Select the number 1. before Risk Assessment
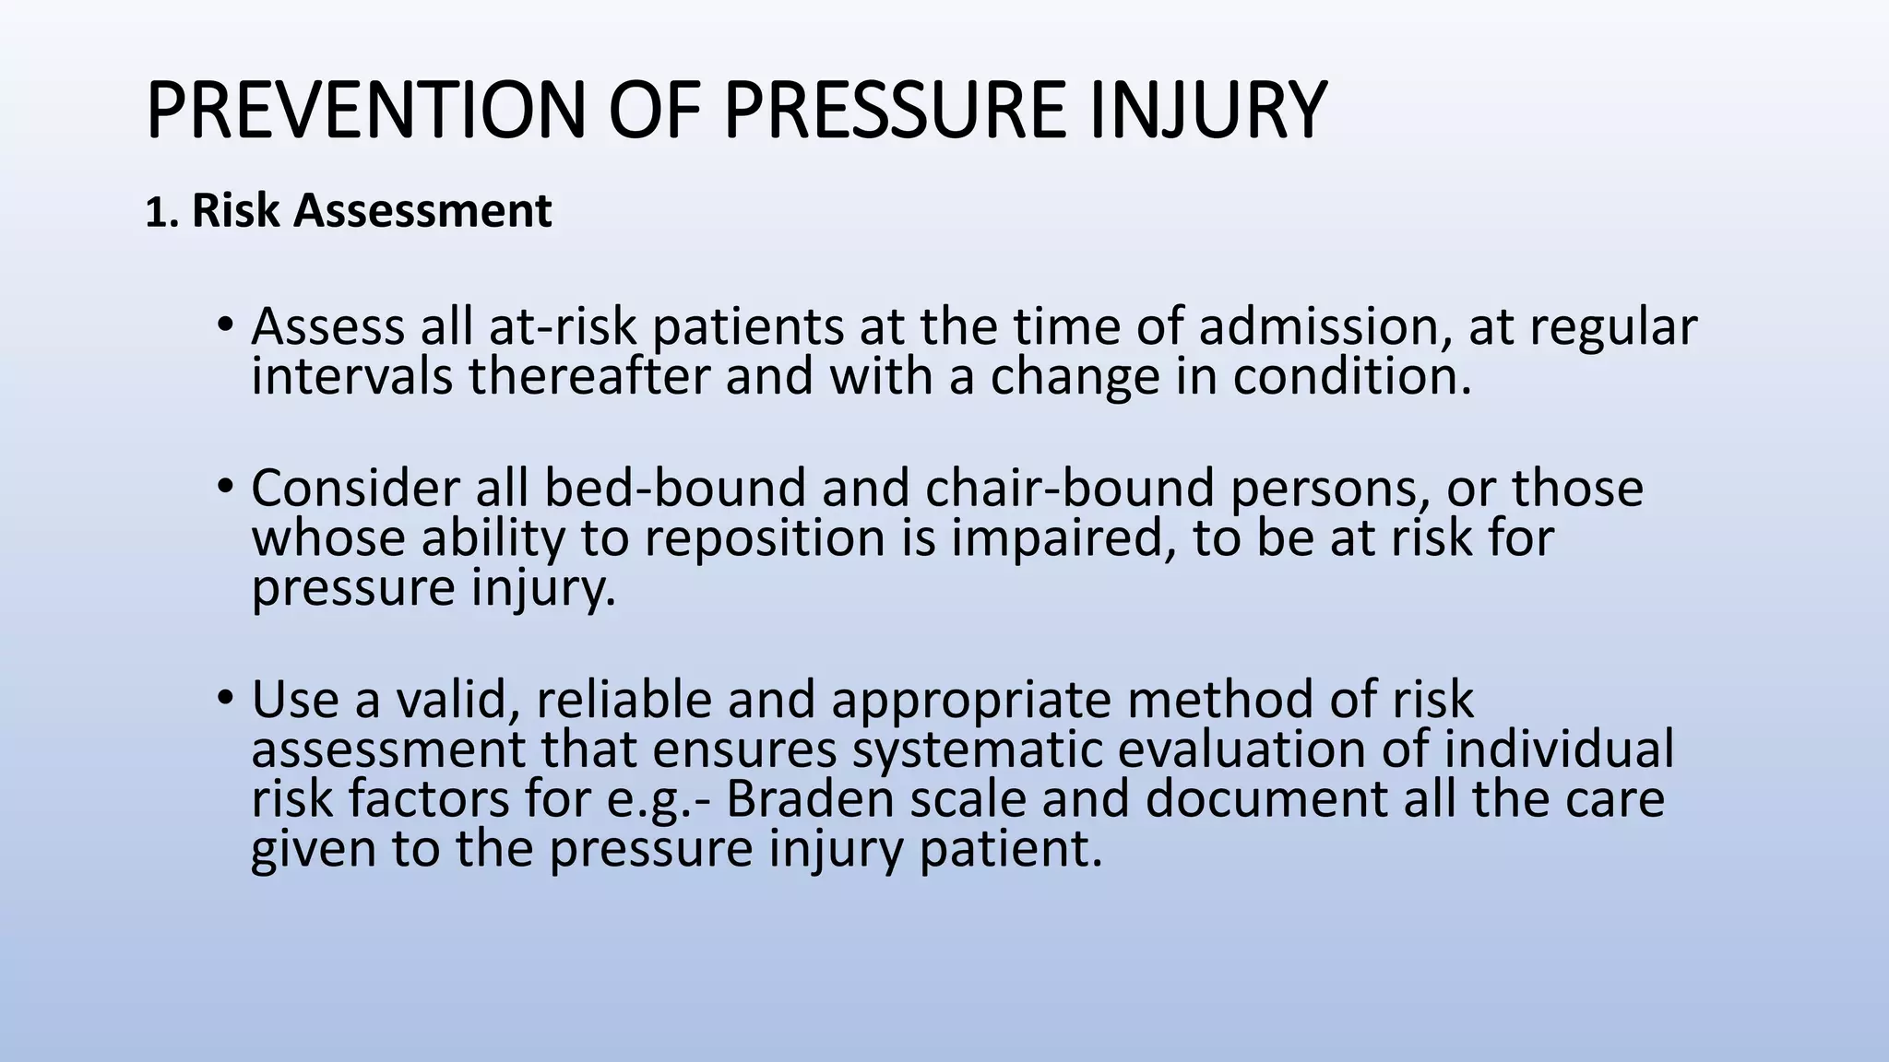(x=161, y=212)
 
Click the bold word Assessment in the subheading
(x=422, y=211)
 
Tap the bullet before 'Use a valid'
(x=224, y=699)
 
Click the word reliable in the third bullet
(x=624, y=700)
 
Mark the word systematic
(x=977, y=749)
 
